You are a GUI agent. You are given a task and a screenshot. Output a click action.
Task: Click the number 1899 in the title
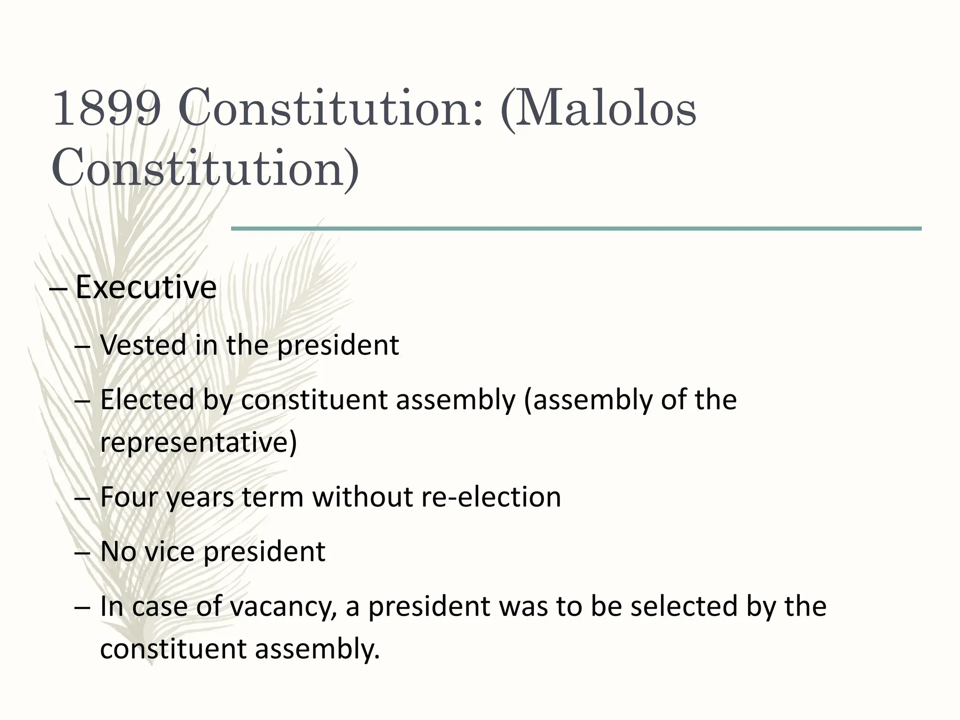click(106, 109)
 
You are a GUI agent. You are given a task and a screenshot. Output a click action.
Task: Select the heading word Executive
click(146, 287)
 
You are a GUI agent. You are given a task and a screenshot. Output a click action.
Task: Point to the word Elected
click(147, 400)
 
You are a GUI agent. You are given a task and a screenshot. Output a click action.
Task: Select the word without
click(362, 497)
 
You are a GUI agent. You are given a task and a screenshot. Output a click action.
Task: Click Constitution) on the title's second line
click(205, 167)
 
